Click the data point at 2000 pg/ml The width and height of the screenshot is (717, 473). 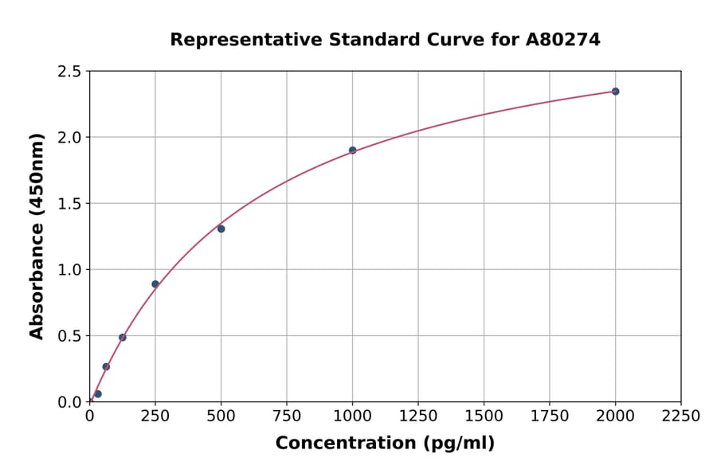tap(615, 92)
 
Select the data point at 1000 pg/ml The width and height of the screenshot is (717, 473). tap(352, 150)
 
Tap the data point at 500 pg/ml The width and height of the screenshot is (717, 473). tap(221, 229)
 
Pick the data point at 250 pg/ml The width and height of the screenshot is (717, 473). tap(155, 284)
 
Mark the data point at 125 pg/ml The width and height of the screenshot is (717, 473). tap(123, 338)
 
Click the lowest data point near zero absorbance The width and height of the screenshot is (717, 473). tap(98, 394)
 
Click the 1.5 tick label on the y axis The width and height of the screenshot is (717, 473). tap(69, 204)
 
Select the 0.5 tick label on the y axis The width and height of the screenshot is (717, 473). tap(69, 336)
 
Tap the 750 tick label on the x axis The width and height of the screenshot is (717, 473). tap(287, 416)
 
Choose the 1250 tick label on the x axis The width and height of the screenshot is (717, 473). tap(418, 416)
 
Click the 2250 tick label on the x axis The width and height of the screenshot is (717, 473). tap(680, 416)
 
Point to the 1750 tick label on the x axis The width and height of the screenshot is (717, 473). tap(549, 416)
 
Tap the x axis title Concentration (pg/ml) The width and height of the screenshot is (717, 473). tap(385, 444)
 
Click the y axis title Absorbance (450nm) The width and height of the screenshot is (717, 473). tap(37, 236)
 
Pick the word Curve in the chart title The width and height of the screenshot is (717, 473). tap(447, 39)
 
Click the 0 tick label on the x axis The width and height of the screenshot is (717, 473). tap(89, 416)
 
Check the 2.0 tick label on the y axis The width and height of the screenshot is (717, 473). tap(69, 138)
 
